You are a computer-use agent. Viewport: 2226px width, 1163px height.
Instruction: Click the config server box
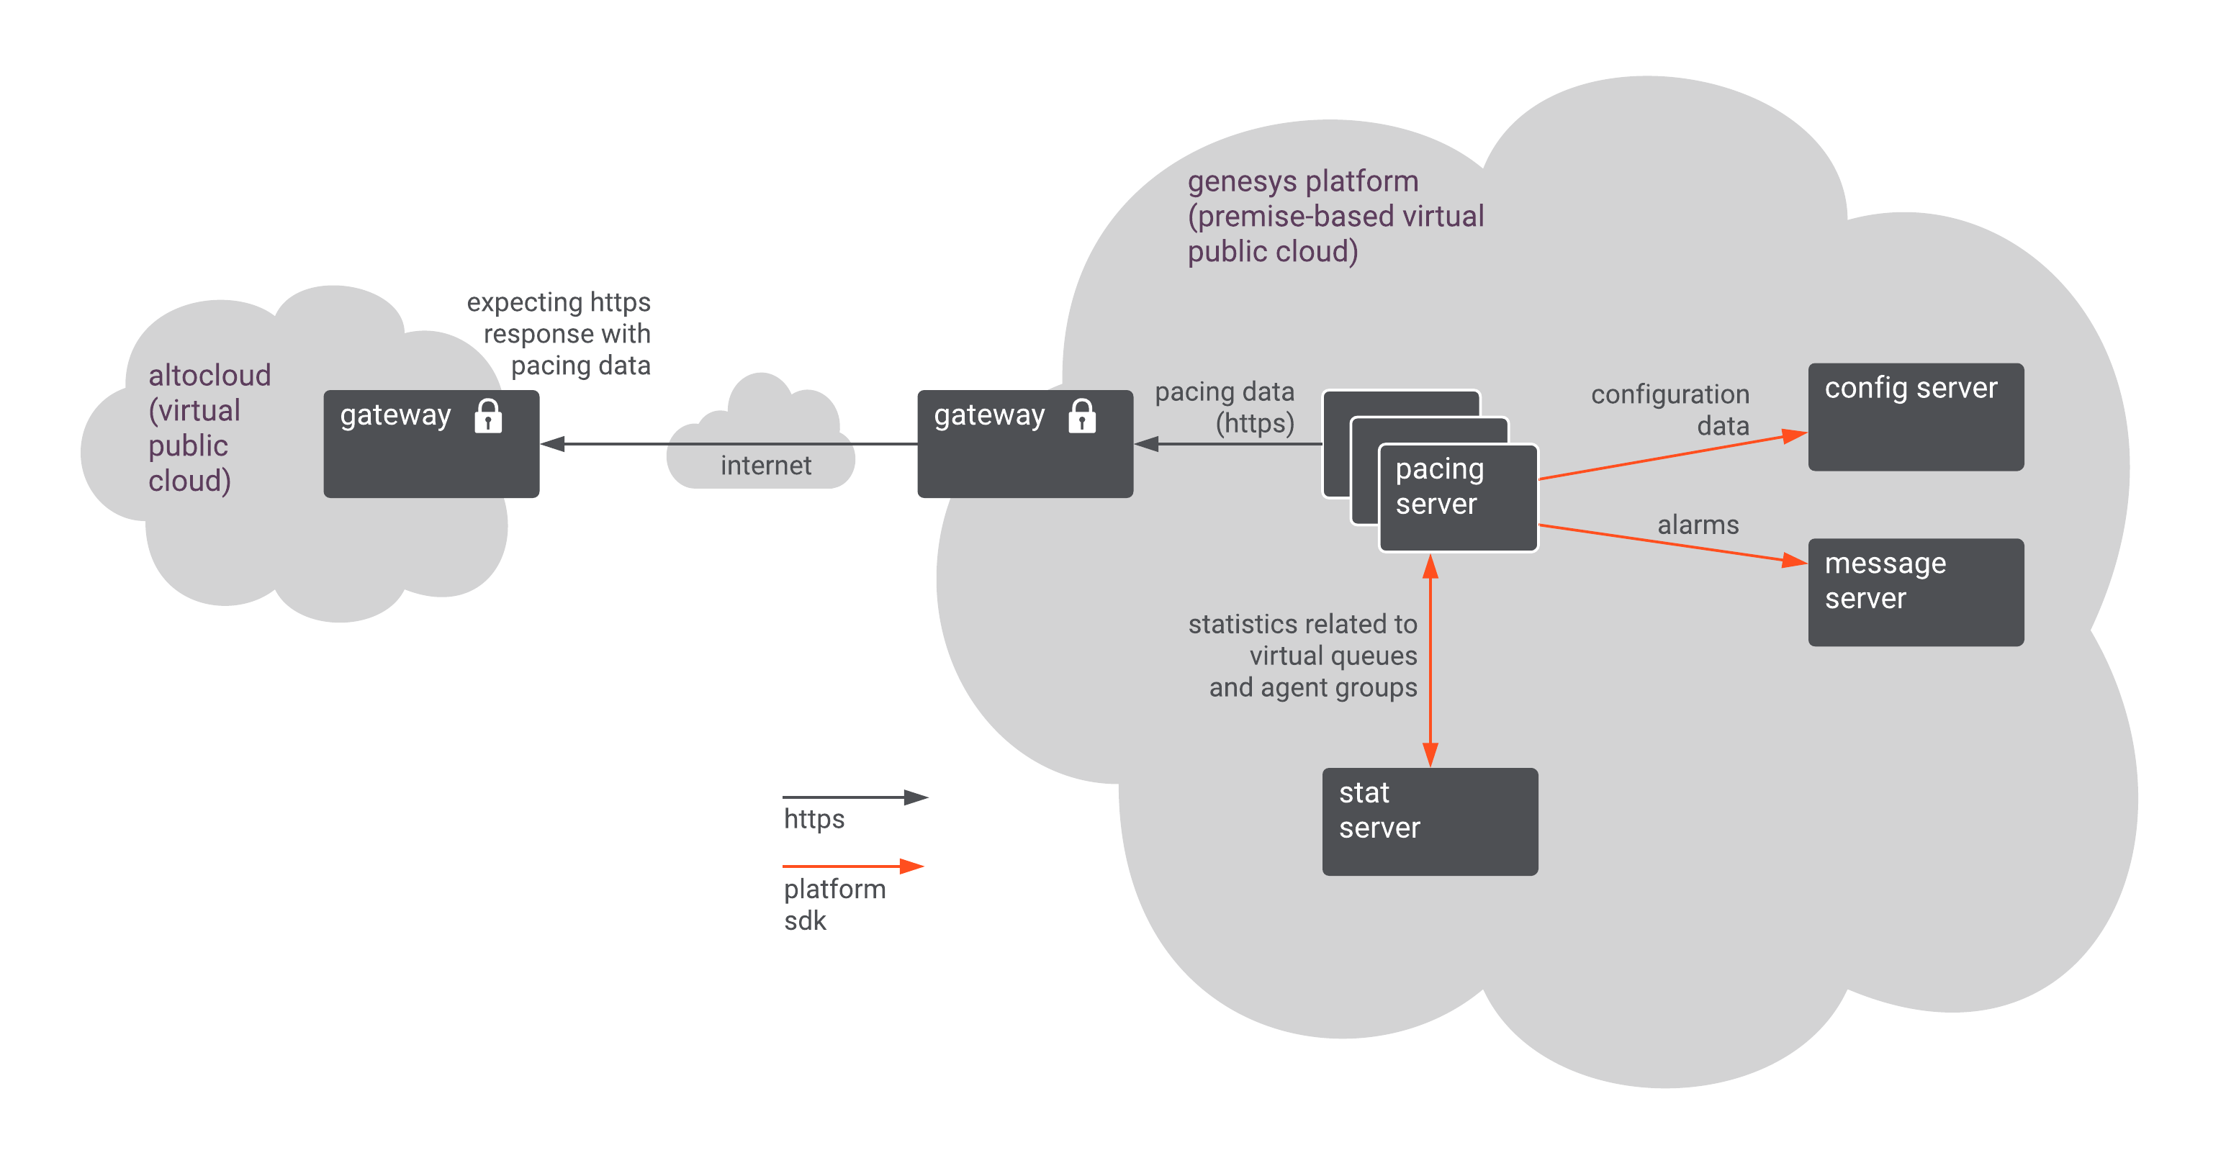(1915, 417)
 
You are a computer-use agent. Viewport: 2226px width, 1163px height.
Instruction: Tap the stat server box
(1429, 821)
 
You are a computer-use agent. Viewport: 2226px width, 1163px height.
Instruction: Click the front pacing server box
(1458, 498)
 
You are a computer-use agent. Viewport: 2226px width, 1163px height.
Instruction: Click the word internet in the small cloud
(765, 466)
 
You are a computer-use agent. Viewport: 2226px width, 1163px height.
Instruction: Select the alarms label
(1697, 525)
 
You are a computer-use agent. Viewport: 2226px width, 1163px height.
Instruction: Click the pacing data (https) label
(1225, 407)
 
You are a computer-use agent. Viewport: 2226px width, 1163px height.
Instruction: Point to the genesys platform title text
(1335, 216)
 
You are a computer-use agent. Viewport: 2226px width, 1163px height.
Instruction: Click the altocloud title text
(209, 427)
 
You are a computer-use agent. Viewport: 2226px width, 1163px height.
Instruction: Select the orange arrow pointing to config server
(1672, 456)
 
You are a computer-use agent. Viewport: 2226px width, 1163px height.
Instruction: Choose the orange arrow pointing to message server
(1672, 543)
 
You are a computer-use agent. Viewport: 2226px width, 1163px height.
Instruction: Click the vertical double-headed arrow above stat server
(1430, 661)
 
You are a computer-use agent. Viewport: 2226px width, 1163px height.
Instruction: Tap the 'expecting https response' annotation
(559, 333)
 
